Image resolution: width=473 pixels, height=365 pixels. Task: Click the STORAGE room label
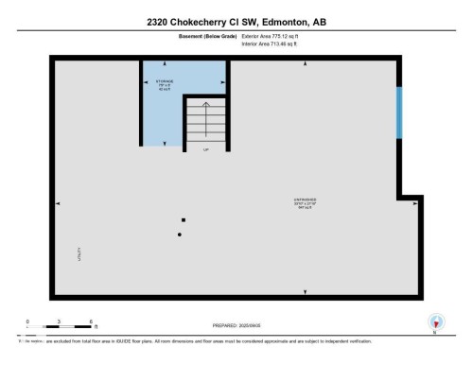click(165, 82)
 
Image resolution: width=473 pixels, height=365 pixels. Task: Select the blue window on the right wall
click(399, 114)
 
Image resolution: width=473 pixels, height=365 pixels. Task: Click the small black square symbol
click(184, 220)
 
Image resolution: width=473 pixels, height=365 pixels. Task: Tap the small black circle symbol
click(179, 235)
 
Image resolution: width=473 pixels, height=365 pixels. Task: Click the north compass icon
click(434, 322)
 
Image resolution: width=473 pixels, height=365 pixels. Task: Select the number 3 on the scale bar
click(59, 322)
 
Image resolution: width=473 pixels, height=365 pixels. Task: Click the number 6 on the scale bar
click(90, 322)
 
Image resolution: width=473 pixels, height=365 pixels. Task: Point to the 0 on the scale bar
click(27, 322)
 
